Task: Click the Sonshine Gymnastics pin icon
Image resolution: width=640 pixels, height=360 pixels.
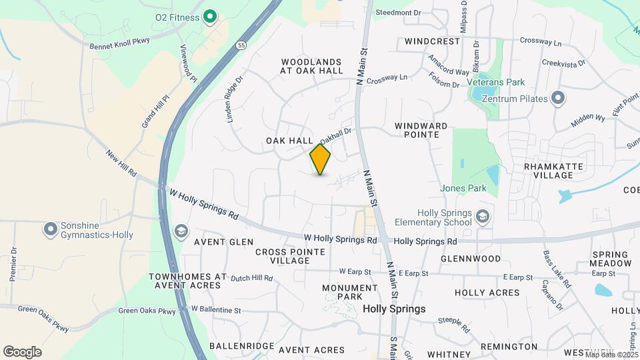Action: coord(50,229)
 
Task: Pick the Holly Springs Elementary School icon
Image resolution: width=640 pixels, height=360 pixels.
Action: coord(483,217)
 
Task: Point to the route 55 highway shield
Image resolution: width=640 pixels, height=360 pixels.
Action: coord(240,45)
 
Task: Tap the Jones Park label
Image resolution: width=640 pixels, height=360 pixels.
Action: coord(463,189)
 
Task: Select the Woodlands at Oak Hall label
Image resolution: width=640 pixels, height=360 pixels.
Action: coord(312,65)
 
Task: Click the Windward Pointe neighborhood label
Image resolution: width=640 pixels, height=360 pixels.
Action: coord(421,130)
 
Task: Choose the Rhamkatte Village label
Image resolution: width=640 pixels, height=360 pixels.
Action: coord(553,171)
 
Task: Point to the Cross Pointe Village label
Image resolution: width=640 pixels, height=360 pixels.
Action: coord(290,256)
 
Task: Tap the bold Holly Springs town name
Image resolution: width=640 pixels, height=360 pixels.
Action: coord(394,309)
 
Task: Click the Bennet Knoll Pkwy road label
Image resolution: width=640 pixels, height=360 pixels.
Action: coord(119,43)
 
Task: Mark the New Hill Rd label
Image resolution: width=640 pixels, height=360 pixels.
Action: coord(121,163)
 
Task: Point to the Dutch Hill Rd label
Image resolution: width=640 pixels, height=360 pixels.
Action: coord(251,277)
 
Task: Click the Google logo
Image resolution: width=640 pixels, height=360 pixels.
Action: coord(22,352)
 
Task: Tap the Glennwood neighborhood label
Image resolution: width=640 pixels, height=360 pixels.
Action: coord(471,259)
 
